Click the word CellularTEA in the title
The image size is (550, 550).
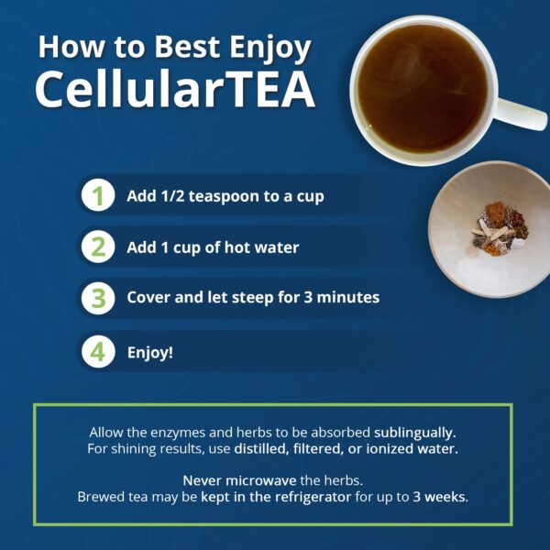click(x=174, y=88)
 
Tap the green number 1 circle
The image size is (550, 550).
click(x=98, y=196)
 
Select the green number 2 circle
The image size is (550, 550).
click(x=98, y=247)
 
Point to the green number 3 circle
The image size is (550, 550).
click(x=98, y=298)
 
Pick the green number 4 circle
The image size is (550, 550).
click(x=98, y=352)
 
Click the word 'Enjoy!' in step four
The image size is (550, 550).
click(x=149, y=352)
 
